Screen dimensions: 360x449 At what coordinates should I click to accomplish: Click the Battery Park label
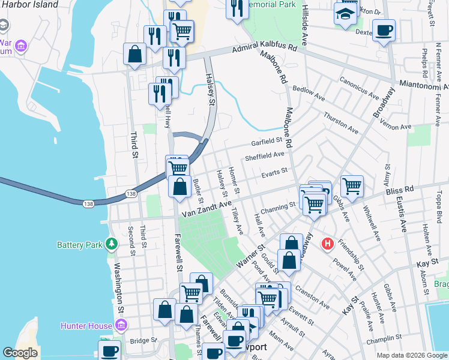pos(80,245)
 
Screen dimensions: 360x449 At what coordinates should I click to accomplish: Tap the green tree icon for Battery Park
pos(110,244)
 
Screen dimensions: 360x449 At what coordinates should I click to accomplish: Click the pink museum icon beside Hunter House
pos(121,325)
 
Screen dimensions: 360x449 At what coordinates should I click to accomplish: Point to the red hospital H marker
pos(327,244)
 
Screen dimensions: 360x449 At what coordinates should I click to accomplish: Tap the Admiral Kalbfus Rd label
pos(265,48)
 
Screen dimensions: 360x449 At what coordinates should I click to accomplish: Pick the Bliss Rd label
pos(401,190)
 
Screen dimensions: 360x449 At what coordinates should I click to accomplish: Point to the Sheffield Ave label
pos(264,155)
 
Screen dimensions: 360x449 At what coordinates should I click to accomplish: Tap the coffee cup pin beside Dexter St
pos(384,30)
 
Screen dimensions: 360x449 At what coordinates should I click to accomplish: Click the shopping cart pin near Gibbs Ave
pos(351,185)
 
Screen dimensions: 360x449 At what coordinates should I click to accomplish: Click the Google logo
pos(20,353)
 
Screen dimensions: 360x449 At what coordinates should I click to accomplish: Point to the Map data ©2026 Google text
pos(412,355)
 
